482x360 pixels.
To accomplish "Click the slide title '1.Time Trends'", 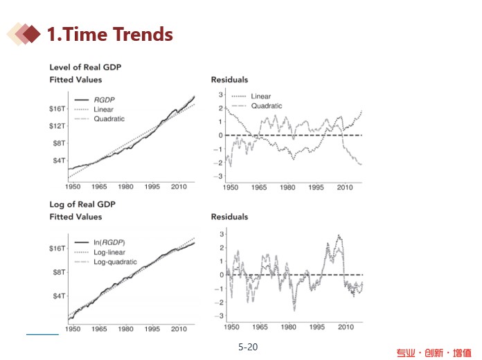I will click(109, 34).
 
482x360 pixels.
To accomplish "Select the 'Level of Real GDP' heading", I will click(80, 67).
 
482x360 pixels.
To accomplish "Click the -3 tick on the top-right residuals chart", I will click(220, 177).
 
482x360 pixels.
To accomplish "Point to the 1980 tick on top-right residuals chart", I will click(288, 187).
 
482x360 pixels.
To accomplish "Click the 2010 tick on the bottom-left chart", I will click(179, 328).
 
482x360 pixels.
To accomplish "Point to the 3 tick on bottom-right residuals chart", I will click(221, 233).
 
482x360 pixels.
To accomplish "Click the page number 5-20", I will click(247, 347).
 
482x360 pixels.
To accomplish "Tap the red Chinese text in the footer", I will click(434, 353).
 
